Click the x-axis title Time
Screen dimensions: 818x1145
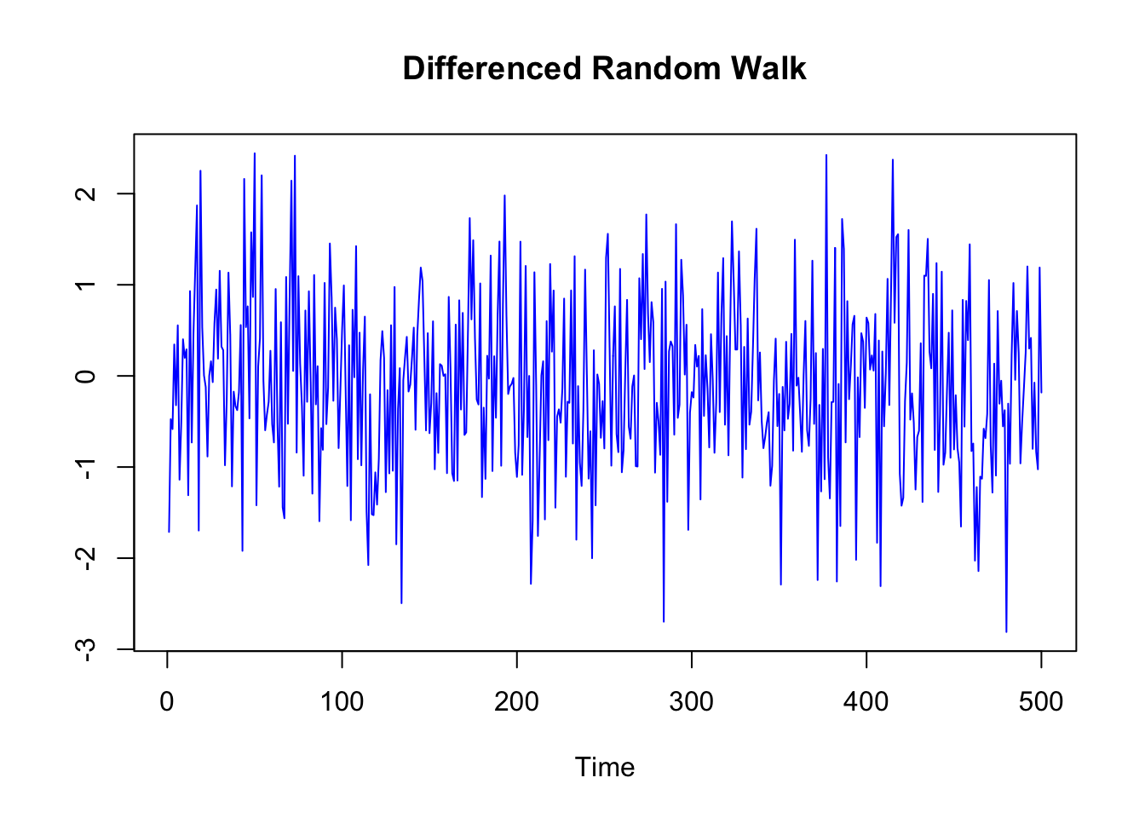(x=604, y=767)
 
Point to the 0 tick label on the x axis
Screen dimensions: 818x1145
(x=167, y=702)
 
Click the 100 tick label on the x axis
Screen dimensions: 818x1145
(x=342, y=702)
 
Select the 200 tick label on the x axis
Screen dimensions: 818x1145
(x=516, y=702)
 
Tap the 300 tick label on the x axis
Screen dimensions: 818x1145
(x=691, y=702)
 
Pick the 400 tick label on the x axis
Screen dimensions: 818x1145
(x=866, y=702)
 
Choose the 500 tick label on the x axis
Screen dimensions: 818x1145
(x=1040, y=702)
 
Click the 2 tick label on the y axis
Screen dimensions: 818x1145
(x=85, y=193)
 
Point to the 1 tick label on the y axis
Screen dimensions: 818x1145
(x=85, y=285)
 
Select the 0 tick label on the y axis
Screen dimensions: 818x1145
(x=85, y=376)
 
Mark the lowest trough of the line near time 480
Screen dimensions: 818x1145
(x=1006, y=631)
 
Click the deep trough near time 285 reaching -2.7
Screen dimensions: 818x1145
(x=664, y=621)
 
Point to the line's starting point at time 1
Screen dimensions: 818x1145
(x=169, y=532)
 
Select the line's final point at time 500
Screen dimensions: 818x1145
(x=1041, y=393)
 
